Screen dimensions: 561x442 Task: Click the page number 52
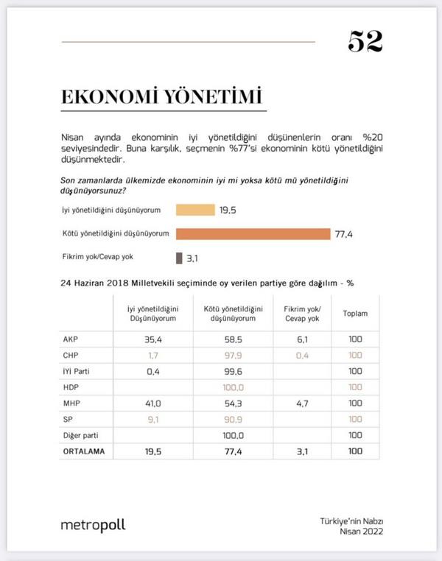point(365,42)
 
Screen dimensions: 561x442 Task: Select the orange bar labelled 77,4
point(252,234)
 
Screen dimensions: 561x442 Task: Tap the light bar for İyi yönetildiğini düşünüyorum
point(195,210)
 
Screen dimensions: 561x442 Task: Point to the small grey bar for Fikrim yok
point(178,258)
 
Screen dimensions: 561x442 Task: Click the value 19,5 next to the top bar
point(228,210)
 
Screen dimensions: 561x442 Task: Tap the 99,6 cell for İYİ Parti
point(233,372)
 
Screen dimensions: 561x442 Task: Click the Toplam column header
point(355,313)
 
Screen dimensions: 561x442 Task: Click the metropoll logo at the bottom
point(93,525)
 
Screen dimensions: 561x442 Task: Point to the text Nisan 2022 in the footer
point(361,532)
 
